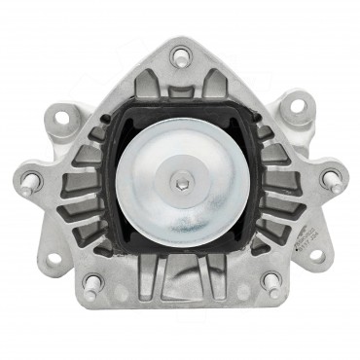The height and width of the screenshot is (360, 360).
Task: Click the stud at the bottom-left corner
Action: pos(92,284)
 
